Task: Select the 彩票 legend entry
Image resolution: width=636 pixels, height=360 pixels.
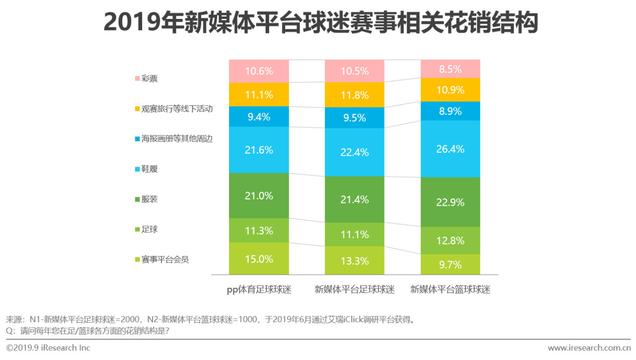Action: click(x=146, y=79)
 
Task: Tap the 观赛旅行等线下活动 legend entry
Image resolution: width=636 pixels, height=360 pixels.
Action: click(x=173, y=108)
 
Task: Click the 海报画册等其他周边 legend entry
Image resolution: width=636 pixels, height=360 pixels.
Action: click(x=173, y=139)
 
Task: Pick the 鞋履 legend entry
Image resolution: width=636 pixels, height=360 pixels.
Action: click(x=146, y=169)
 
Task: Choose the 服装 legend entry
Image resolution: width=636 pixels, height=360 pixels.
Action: click(x=146, y=199)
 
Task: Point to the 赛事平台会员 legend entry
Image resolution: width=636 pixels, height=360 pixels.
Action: click(x=161, y=259)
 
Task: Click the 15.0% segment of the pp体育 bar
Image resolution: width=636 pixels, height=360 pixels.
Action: click(x=259, y=259)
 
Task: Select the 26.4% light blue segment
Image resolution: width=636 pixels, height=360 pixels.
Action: click(x=451, y=149)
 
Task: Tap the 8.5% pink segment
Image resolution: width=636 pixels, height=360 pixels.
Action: click(x=451, y=69)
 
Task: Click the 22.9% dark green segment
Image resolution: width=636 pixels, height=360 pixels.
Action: click(x=451, y=202)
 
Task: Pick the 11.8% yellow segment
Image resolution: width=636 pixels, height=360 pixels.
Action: click(x=354, y=94)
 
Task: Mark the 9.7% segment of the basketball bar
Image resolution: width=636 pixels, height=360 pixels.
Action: click(x=451, y=265)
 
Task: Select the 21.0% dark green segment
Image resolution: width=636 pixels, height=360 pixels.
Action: click(x=259, y=195)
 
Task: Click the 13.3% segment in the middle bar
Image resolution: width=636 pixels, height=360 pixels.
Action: click(x=354, y=261)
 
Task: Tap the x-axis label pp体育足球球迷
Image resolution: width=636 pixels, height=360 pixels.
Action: click(x=259, y=289)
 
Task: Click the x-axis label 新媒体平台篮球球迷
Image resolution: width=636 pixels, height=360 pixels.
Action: click(x=450, y=289)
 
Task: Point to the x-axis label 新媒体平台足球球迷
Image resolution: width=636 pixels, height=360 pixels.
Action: click(x=354, y=289)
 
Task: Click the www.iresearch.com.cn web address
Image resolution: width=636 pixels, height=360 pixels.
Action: click(x=589, y=348)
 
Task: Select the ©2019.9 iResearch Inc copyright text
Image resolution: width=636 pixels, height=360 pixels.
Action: click(x=48, y=348)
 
